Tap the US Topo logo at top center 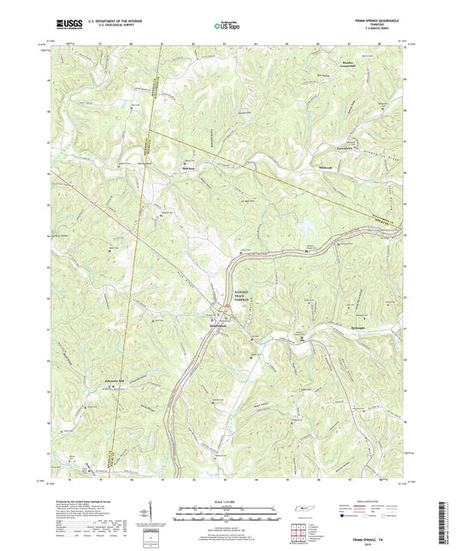tap(227, 26)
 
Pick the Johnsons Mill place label tap(115, 381)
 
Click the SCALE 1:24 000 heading tap(227, 501)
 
